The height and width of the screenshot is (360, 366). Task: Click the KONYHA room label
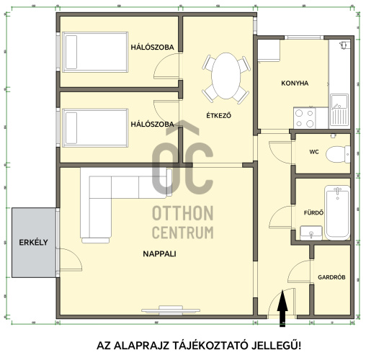click(x=295, y=84)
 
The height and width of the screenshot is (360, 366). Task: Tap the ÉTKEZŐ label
click(x=219, y=115)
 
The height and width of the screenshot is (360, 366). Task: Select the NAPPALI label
click(x=159, y=253)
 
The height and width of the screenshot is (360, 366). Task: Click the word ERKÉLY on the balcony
click(x=33, y=243)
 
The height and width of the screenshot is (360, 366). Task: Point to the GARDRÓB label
click(x=331, y=277)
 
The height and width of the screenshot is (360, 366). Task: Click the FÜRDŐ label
click(x=313, y=212)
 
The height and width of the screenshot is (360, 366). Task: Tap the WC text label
click(x=314, y=152)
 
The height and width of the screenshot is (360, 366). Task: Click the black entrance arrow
click(x=282, y=308)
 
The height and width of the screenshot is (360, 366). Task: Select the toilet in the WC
click(x=338, y=154)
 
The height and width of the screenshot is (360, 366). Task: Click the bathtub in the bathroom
click(x=337, y=212)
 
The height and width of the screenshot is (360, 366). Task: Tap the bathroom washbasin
click(x=311, y=233)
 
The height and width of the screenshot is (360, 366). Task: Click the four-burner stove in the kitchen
click(x=304, y=118)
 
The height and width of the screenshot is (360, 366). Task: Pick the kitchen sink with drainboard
click(x=339, y=110)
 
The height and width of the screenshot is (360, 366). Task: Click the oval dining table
click(x=226, y=76)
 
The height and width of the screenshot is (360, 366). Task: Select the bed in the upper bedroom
click(x=95, y=52)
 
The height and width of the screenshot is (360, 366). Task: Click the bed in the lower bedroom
click(x=95, y=128)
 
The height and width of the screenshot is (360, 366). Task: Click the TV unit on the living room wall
click(x=171, y=310)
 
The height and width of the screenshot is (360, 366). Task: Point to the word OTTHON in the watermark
click(x=183, y=213)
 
